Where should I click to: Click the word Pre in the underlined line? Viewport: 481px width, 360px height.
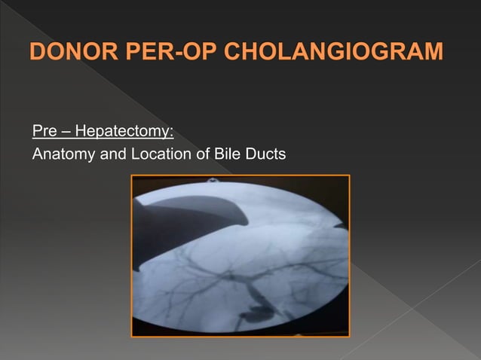(x=42, y=133)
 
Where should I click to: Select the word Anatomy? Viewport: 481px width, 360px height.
(x=63, y=155)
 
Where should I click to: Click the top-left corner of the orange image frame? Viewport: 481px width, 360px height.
(x=132, y=175)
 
